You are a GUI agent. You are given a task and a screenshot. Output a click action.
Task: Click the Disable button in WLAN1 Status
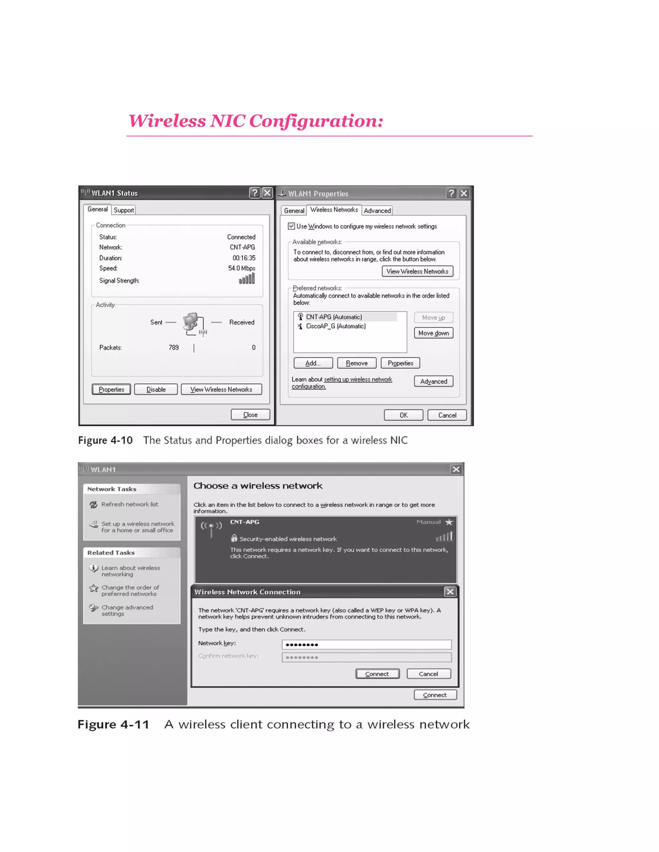point(156,389)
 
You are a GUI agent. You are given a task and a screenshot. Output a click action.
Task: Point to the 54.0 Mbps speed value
point(242,268)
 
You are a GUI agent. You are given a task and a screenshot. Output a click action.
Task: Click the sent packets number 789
point(173,348)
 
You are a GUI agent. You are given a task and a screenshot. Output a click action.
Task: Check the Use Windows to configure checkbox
point(291,226)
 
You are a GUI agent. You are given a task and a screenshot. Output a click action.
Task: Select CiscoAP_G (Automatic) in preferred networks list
point(336,326)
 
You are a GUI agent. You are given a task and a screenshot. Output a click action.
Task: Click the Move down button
point(433,333)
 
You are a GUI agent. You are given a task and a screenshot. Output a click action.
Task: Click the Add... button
point(313,363)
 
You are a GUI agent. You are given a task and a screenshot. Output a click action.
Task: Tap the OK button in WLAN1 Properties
point(403,415)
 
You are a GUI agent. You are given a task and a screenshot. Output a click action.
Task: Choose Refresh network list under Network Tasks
point(130,504)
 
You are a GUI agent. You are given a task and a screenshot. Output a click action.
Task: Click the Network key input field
point(366,644)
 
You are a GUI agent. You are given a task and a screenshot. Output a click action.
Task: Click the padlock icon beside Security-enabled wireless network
point(234,538)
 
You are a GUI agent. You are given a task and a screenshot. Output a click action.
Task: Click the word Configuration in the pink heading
point(315,121)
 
